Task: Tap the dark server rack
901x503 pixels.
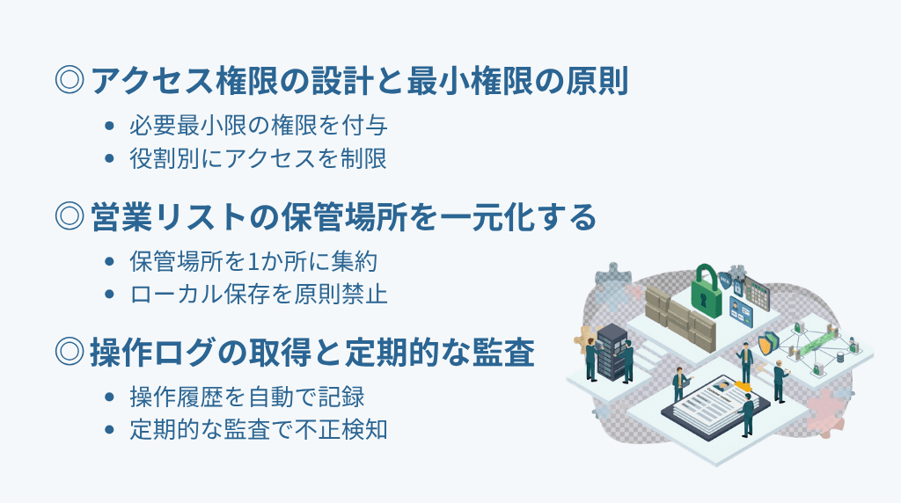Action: [612, 349]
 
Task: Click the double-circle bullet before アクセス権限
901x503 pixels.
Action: [69, 82]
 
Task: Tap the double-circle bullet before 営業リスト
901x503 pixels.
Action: [69, 216]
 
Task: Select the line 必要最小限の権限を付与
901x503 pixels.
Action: [258, 125]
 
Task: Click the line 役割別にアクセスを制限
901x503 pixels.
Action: [258, 158]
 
